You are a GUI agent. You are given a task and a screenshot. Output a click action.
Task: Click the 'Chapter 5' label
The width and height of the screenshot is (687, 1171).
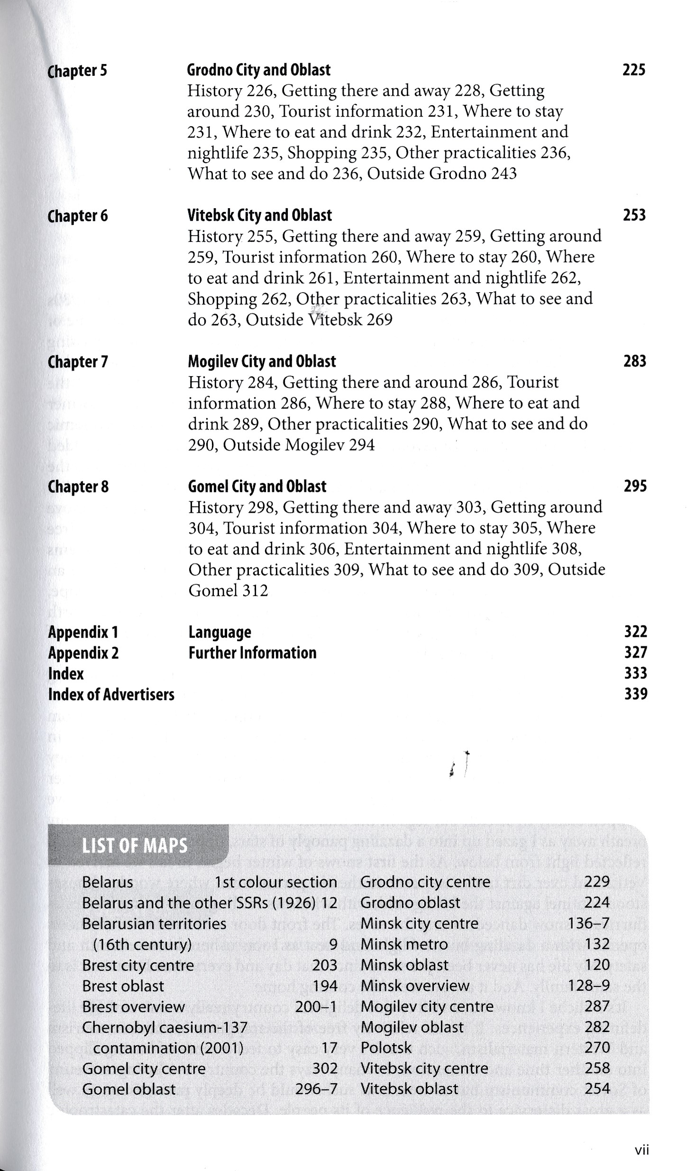[x=77, y=71]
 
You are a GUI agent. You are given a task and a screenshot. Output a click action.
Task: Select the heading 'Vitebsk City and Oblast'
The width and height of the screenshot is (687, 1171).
[x=259, y=215]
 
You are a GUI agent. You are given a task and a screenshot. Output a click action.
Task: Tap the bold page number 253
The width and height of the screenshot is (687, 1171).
[x=634, y=215]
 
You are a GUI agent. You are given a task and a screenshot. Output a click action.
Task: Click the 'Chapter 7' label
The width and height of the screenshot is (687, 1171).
[x=78, y=362]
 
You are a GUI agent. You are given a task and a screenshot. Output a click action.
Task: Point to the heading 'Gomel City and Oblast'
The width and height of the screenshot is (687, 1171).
[x=257, y=487]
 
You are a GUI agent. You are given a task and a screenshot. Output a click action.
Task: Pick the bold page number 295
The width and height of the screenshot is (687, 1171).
[x=635, y=486]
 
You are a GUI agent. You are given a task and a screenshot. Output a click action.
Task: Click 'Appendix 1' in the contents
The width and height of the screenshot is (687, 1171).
[x=83, y=632]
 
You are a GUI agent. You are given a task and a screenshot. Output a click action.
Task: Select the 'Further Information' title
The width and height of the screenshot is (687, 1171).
[x=252, y=653]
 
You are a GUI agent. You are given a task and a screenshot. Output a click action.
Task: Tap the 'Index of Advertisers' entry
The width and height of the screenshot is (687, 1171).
[x=111, y=695]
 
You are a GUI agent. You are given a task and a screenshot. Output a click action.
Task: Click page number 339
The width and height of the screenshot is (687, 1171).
[x=636, y=694]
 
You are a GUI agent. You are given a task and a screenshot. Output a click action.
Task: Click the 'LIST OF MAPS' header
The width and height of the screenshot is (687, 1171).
[x=135, y=846]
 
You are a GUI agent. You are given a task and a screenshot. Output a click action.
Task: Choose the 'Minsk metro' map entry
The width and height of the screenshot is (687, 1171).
[x=404, y=944]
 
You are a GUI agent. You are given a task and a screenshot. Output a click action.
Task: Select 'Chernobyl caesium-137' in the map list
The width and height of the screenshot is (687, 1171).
[x=165, y=1027]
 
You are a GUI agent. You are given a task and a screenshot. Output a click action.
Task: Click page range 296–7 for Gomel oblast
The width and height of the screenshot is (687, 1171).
[x=316, y=1089]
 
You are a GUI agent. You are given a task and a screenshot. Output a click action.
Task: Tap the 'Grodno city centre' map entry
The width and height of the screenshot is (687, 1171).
[x=425, y=882]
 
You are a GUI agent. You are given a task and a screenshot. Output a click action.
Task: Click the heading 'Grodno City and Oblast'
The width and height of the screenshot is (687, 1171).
[x=258, y=70]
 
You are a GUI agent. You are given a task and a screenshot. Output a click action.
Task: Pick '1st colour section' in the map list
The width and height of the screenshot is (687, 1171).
[x=275, y=882]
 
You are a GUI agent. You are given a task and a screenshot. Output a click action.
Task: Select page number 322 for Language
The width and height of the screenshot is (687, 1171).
[x=636, y=632]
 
